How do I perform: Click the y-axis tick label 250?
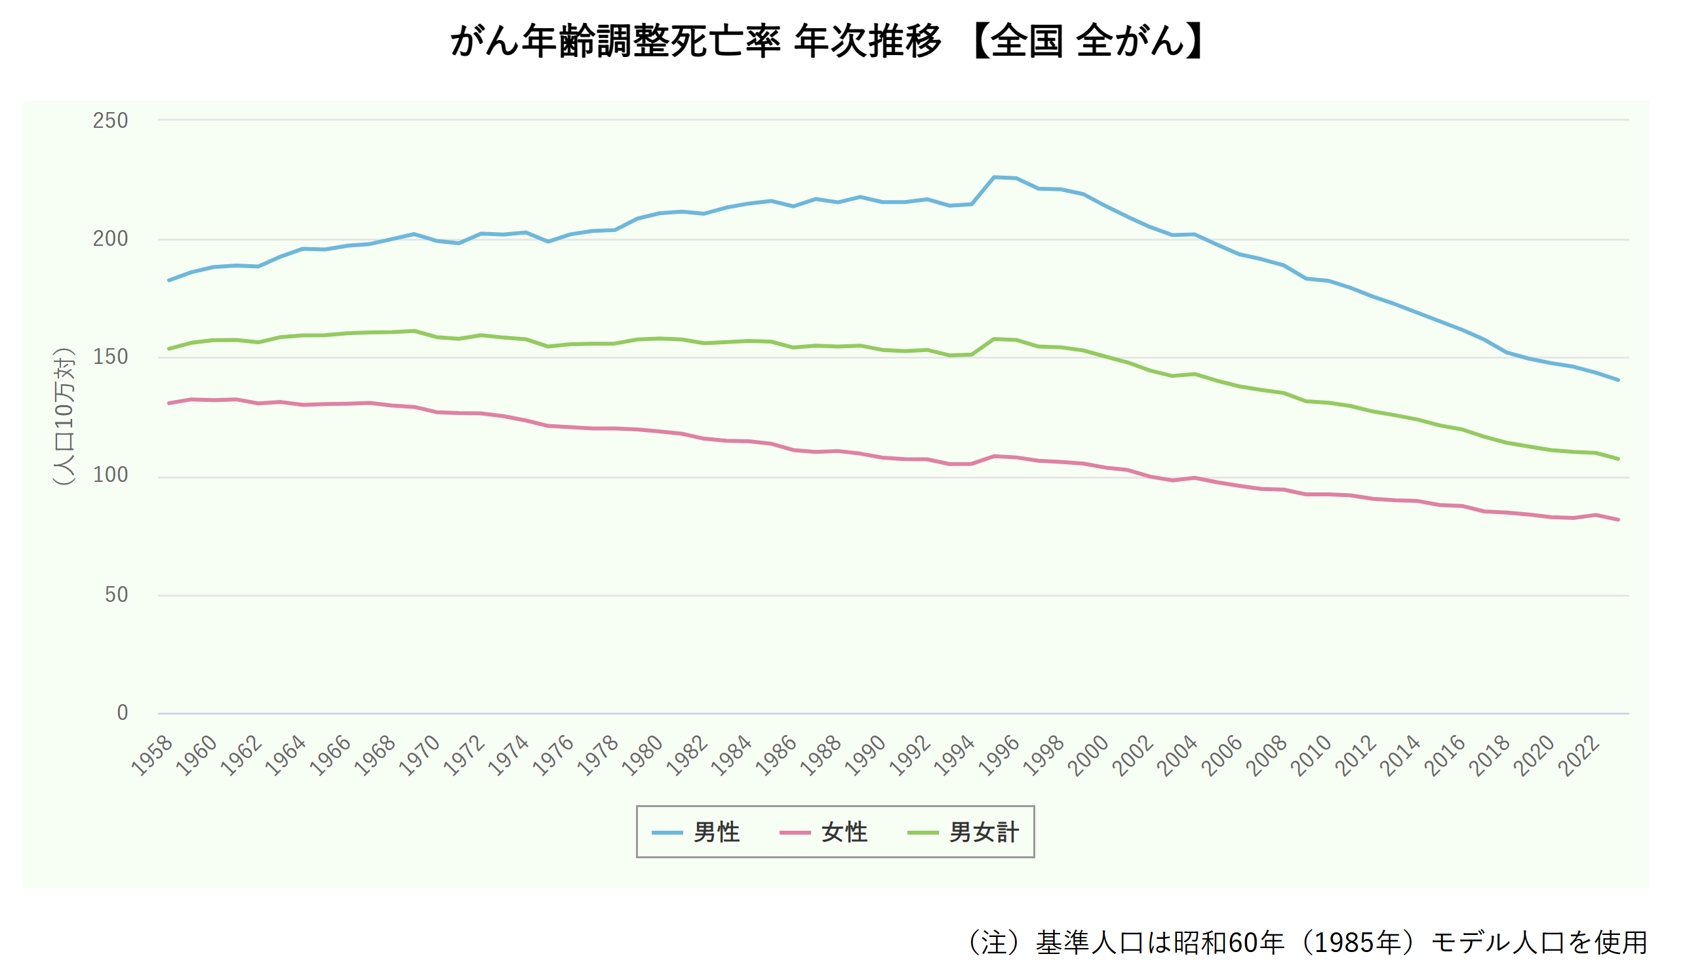[x=110, y=121]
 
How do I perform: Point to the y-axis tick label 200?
[x=110, y=239]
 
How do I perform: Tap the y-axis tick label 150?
[x=110, y=357]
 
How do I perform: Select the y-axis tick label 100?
[x=110, y=475]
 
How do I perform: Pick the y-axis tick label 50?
[x=116, y=595]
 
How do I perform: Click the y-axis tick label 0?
[x=123, y=713]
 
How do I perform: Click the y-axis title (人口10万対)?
[x=64, y=416]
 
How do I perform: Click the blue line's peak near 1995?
[x=995, y=177]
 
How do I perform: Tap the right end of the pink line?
[x=1617, y=519]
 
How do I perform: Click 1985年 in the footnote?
[x=1357, y=943]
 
